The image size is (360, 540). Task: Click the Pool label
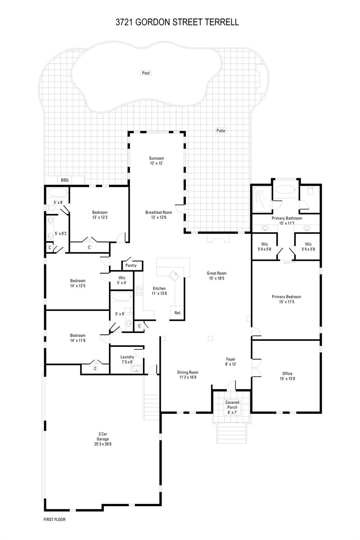coord(146,73)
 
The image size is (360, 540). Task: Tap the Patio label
coord(221,130)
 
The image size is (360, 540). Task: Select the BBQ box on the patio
coord(65,180)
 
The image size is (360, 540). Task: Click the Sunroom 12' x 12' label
coord(156,161)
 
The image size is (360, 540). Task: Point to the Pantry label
coord(131,265)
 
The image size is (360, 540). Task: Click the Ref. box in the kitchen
coord(178,313)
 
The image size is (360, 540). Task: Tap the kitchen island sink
coord(175,275)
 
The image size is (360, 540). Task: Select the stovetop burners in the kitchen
coord(139,291)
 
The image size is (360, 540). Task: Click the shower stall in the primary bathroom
coord(261,199)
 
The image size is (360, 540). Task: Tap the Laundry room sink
coord(136,369)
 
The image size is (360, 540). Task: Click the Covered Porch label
coord(232,405)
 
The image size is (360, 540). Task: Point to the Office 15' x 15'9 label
coord(287,376)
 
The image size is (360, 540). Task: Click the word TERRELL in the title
coord(223,22)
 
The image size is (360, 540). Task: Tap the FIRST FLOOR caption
coord(54,519)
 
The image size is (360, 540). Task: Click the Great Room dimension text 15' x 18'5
coord(217,278)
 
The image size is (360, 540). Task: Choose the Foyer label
coord(231,359)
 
